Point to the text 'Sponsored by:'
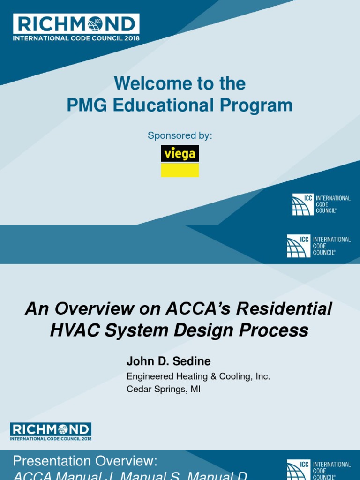coord(180,135)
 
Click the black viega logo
coord(180,153)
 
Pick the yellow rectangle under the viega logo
coord(180,170)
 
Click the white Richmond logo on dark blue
coord(76,26)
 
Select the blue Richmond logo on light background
coord(51,431)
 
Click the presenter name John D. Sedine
coord(168,361)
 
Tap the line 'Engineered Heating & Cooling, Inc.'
coord(198,376)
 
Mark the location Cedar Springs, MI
coord(163,390)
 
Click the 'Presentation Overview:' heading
coord(85,461)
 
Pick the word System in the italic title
coord(138,331)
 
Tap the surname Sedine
coord(192,361)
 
